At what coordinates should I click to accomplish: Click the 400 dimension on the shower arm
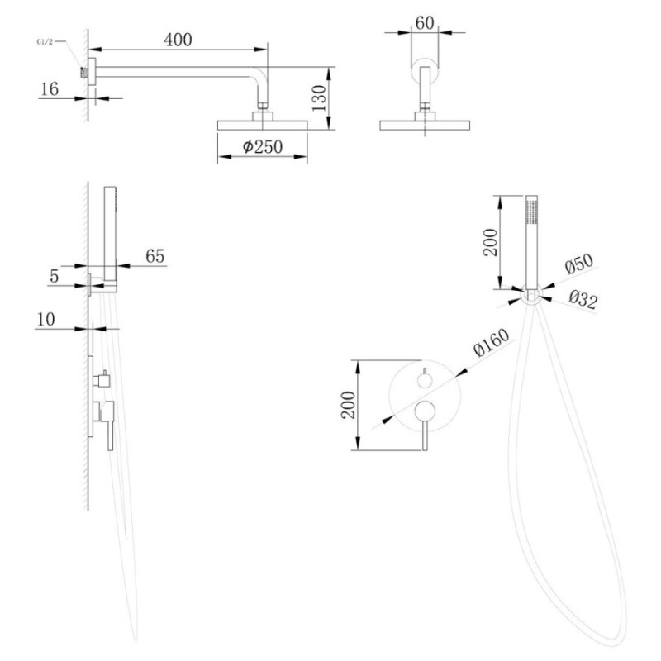178,40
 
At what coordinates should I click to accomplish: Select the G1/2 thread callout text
45,41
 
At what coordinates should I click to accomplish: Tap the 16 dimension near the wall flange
50,89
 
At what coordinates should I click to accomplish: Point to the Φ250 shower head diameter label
262,146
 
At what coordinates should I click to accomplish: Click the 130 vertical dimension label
319,97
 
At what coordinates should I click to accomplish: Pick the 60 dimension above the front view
425,23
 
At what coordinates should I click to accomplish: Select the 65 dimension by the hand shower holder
155,256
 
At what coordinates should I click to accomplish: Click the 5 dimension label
54,276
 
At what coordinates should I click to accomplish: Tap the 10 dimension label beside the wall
45,319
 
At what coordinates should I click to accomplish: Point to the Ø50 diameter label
579,264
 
